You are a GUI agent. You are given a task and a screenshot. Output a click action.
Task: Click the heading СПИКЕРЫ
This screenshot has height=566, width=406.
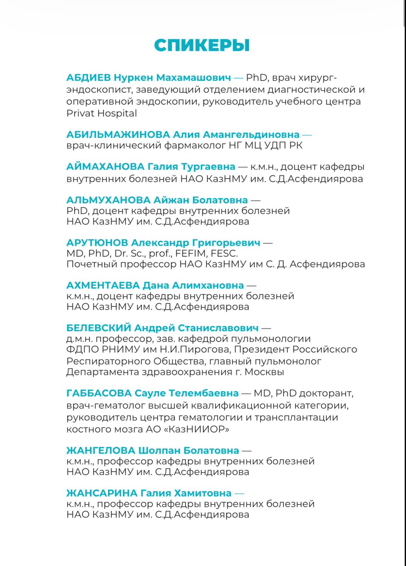[202, 45]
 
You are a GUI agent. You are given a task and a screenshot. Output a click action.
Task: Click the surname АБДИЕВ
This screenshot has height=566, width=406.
[88, 77]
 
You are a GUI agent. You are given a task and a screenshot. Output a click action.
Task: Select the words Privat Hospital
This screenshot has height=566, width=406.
[101, 114]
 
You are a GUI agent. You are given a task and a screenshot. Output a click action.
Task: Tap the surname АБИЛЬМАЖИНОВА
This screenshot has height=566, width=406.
[118, 135]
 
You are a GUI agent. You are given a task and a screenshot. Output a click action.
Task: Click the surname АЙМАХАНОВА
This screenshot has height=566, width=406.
[105, 167]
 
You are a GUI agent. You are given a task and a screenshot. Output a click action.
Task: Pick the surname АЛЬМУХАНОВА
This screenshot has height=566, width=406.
[109, 200]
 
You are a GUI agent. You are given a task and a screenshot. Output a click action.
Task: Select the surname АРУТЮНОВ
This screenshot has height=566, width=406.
[97, 243]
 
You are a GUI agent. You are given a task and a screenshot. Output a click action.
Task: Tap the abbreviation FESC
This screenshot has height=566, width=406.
[224, 254]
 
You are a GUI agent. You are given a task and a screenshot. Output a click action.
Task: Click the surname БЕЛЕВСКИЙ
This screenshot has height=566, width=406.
[99, 328]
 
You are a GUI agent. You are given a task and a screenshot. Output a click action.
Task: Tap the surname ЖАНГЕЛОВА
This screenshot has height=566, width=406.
[101, 451]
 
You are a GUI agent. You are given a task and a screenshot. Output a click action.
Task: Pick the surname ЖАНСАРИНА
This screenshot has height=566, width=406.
[102, 493]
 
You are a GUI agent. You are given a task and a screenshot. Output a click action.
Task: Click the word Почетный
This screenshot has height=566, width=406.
[92, 264]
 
